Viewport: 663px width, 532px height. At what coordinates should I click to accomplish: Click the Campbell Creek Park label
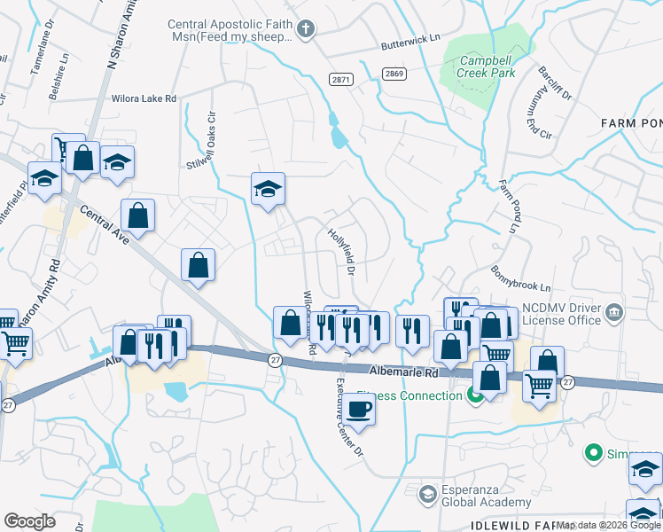487,67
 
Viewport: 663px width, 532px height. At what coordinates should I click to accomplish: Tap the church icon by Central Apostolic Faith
306,30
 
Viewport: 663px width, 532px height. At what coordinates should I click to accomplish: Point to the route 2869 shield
394,74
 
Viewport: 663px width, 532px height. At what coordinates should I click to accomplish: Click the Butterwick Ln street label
410,40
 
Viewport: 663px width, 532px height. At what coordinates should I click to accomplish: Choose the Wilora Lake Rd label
144,99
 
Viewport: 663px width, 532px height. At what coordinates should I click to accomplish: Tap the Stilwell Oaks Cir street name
200,140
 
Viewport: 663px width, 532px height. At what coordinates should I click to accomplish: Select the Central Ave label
99,225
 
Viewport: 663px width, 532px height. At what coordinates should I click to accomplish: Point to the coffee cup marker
359,411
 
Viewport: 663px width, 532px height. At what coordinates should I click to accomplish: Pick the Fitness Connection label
409,395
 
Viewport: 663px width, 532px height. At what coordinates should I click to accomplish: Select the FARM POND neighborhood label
630,122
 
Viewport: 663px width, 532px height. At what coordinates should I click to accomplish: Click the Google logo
29,521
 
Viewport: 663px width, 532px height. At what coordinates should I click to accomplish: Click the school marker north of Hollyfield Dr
268,190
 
